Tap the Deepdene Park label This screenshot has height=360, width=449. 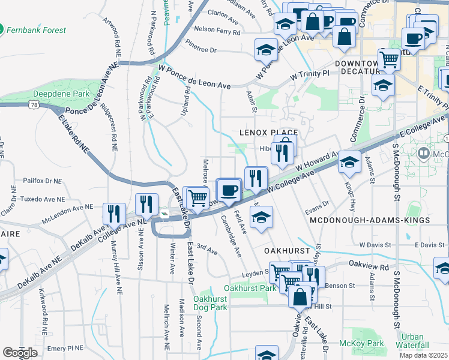(x=61, y=94)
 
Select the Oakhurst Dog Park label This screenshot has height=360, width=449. (x=210, y=303)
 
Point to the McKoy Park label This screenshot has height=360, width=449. (x=368, y=343)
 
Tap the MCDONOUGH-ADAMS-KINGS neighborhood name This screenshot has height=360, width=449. (x=370, y=220)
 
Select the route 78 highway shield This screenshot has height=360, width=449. (x=34, y=105)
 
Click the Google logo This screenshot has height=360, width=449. (x=20, y=352)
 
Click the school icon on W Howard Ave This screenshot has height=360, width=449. (x=349, y=162)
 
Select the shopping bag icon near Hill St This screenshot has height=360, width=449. (x=299, y=296)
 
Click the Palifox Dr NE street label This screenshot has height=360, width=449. (x=42, y=180)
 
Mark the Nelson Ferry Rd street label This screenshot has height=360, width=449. (x=217, y=29)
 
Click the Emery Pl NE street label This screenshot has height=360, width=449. (x=65, y=347)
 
